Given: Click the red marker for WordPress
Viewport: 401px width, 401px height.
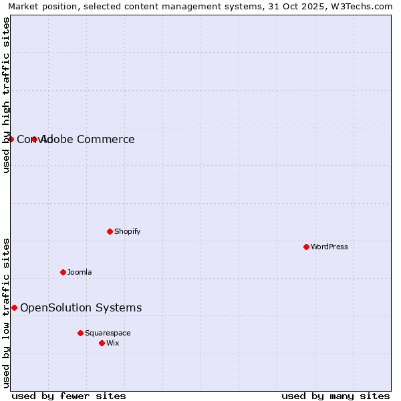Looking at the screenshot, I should pyautogui.click(x=306, y=247).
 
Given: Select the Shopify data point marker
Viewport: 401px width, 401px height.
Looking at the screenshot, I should pyautogui.click(x=110, y=231).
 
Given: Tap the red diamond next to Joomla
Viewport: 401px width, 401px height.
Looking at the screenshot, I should pyautogui.click(x=63, y=272).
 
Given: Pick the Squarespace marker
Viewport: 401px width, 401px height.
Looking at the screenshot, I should pyautogui.click(x=80, y=333).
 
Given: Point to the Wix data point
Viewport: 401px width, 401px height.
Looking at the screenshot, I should pyautogui.click(x=102, y=343).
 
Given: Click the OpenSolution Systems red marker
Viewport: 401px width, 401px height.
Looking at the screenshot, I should pyautogui.click(x=14, y=307).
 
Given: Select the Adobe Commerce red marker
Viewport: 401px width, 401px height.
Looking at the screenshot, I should pyautogui.click(x=34, y=139).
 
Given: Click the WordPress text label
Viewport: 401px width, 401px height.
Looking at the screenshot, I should pyautogui.click(x=329, y=247).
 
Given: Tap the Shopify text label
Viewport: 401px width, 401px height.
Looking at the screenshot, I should pyautogui.click(x=127, y=231).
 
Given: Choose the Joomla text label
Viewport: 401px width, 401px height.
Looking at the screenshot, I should pyautogui.click(x=80, y=272).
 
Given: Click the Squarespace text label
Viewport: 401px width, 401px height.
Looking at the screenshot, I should pyautogui.click(x=108, y=333).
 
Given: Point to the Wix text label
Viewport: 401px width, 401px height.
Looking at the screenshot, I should pyautogui.click(x=113, y=343).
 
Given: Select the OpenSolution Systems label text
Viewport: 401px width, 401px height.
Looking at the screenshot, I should pyautogui.click(x=81, y=307).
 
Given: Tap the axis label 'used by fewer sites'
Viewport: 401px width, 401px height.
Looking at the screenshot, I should pyautogui.click(x=69, y=396).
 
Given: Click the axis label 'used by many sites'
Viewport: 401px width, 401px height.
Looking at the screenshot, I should pyautogui.click(x=336, y=396).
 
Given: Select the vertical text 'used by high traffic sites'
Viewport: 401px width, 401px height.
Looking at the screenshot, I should pyautogui.click(x=6, y=95).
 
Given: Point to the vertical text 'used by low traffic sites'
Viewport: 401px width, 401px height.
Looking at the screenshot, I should pyautogui.click(x=6, y=313).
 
